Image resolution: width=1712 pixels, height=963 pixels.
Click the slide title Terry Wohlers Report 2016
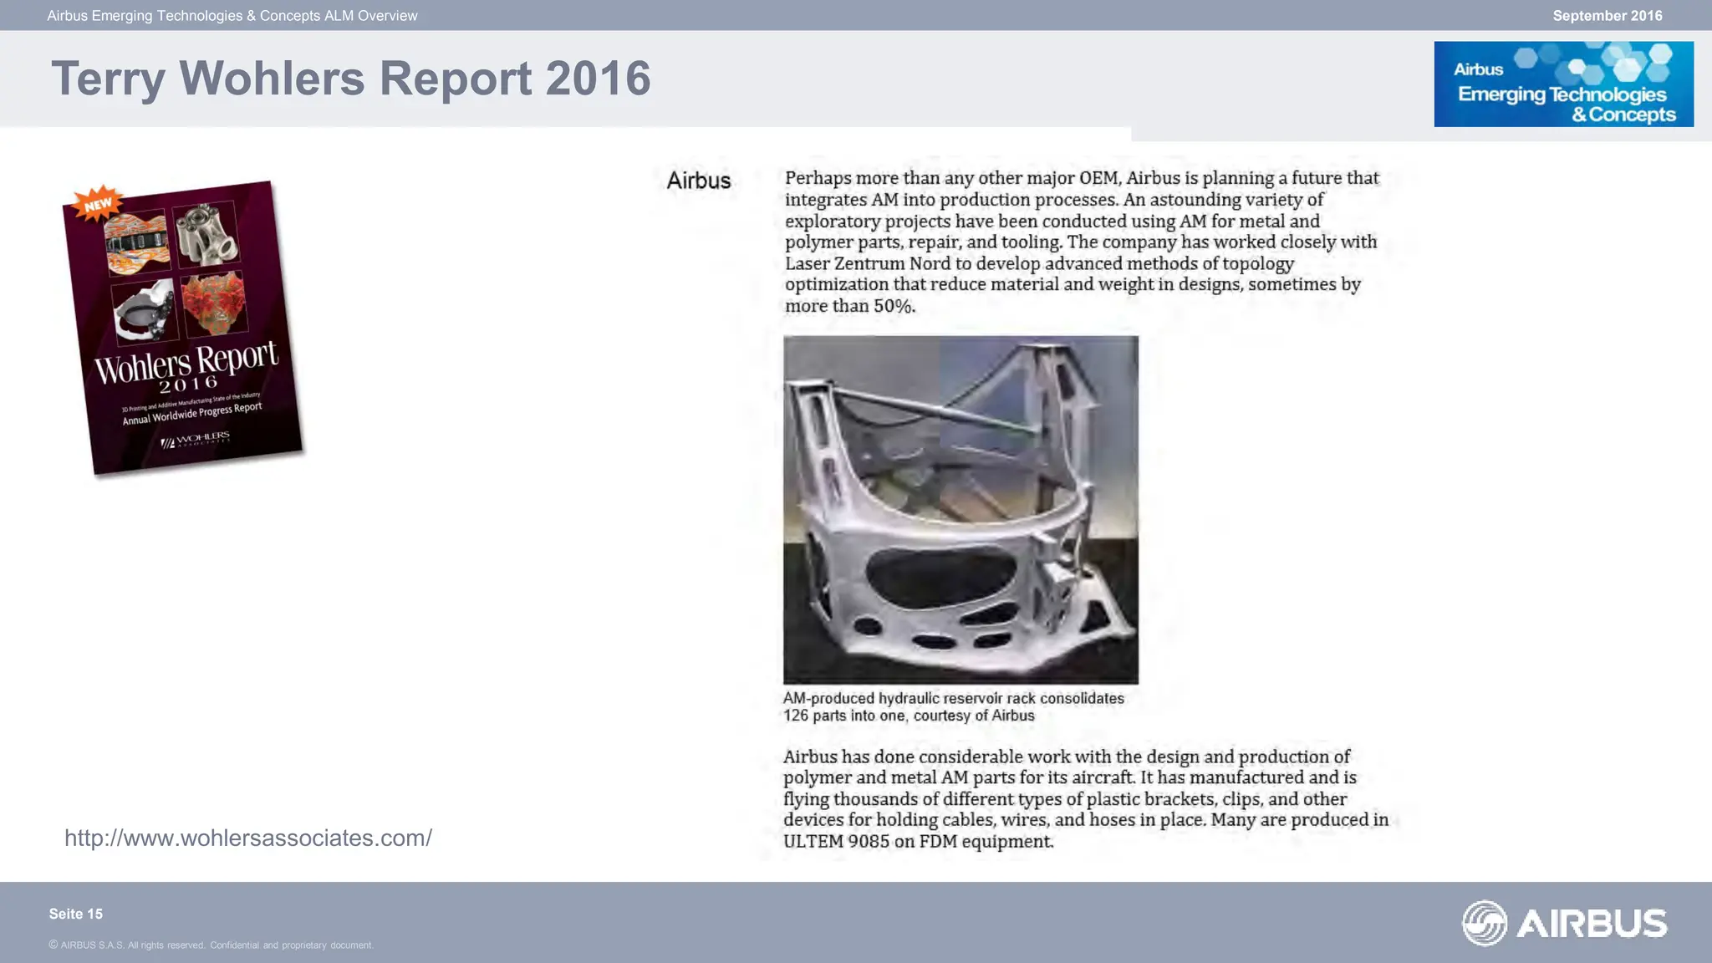coord(350,79)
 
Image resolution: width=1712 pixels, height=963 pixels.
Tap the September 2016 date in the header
coord(1607,16)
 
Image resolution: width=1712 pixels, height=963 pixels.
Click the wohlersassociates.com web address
coord(248,838)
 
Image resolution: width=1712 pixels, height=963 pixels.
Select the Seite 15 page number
coord(76,914)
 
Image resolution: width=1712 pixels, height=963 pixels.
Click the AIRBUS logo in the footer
coord(1564,923)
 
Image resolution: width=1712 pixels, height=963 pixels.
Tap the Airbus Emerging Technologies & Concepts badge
coord(1563,84)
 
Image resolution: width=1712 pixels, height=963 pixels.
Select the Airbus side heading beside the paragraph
coord(699,181)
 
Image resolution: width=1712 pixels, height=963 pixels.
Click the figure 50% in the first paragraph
coord(894,306)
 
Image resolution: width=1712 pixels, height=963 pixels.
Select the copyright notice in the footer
coord(211,945)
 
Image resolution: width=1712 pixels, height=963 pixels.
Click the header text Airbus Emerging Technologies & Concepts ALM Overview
coord(232,16)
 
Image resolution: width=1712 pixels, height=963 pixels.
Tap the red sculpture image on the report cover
coord(214,303)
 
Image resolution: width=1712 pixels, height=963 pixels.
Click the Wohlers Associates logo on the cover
coord(196,439)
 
